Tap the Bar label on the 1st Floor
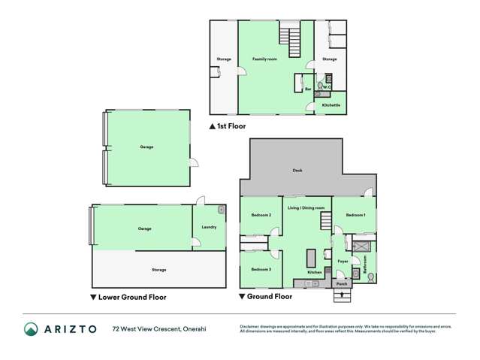pos(308,89)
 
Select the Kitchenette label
pos(331,105)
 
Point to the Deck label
pos(297,171)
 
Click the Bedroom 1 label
pos(355,215)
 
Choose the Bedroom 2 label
pos(261,215)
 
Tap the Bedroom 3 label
pos(261,269)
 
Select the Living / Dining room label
pos(306,207)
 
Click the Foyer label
pos(343,261)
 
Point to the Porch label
pos(341,285)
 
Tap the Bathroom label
pos(366,264)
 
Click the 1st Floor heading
pos(231,126)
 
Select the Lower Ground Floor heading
pos(128,297)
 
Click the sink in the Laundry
pos(221,210)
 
